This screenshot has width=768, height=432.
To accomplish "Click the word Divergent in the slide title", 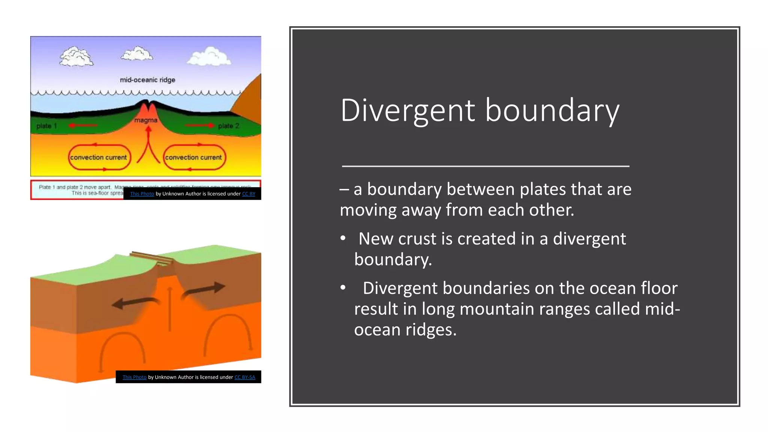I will [x=408, y=111].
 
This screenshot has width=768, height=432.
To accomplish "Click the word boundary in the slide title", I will [x=552, y=111].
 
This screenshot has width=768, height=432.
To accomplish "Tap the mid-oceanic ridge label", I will [x=147, y=80].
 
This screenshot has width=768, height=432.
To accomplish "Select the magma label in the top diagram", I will [x=146, y=120].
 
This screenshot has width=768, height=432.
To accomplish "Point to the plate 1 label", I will [x=46, y=126].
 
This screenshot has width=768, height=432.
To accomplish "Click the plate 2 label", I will [x=228, y=126].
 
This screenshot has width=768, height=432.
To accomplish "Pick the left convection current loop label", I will [x=99, y=157].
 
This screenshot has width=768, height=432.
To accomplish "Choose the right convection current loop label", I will [x=193, y=157].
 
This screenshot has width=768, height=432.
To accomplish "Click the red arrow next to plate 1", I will [x=82, y=126].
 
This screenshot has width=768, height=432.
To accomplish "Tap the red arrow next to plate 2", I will [x=201, y=126].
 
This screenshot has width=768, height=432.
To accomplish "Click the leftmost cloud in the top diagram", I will [x=76, y=57].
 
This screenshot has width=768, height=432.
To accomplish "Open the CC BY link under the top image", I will [x=249, y=194].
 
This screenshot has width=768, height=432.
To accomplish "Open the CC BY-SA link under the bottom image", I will [x=245, y=377].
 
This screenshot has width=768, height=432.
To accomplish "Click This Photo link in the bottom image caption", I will [x=134, y=377].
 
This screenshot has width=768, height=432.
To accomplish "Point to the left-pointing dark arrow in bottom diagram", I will [x=135, y=302].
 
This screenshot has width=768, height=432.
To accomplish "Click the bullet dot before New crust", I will [x=343, y=238].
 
